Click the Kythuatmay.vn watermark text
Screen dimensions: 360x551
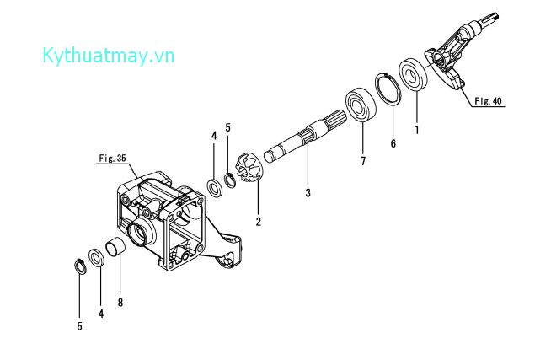tap(108, 56)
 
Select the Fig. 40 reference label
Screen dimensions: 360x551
tap(488, 101)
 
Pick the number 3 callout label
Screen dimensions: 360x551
tap(308, 193)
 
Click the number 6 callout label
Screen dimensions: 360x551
tap(392, 144)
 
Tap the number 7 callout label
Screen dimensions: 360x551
tap(363, 160)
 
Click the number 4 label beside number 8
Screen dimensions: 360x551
tap(100, 314)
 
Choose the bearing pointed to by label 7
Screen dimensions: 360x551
tap(360, 104)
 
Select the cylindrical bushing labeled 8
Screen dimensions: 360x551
tap(115, 250)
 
